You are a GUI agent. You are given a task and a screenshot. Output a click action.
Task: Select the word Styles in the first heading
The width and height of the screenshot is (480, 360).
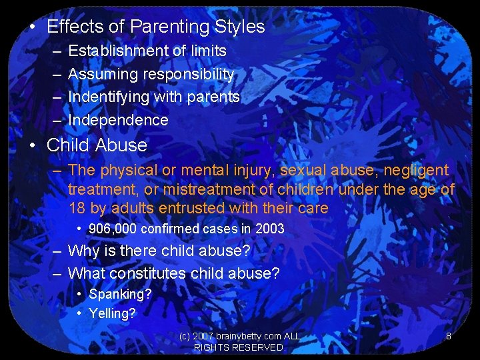pyautogui.click(x=240, y=27)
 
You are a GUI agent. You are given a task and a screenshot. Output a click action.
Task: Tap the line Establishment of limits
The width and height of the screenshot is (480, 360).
pyautogui.click(x=147, y=51)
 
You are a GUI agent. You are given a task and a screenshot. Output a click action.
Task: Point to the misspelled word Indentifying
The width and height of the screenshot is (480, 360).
pyautogui.click(x=109, y=97)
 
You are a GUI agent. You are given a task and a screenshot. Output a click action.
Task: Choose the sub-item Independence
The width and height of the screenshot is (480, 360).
pyautogui.click(x=118, y=120)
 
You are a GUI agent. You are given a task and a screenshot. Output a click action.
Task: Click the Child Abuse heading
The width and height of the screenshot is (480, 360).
pyautogui.click(x=97, y=145)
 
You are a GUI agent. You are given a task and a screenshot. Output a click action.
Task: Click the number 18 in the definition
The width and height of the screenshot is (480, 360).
pyautogui.click(x=77, y=208)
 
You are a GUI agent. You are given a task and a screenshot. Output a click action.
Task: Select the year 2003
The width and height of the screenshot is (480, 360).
pyautogui.click(x=269, y=229)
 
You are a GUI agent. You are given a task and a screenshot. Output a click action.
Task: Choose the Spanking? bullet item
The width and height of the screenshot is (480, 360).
pyautogui.click(x=120, y=294)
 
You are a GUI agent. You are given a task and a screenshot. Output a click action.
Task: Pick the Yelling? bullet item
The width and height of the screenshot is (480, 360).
pyautogui.click(x=112, y=313)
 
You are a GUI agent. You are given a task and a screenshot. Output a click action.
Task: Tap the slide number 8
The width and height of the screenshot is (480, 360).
pyautogui.click(x=448, y=336)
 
